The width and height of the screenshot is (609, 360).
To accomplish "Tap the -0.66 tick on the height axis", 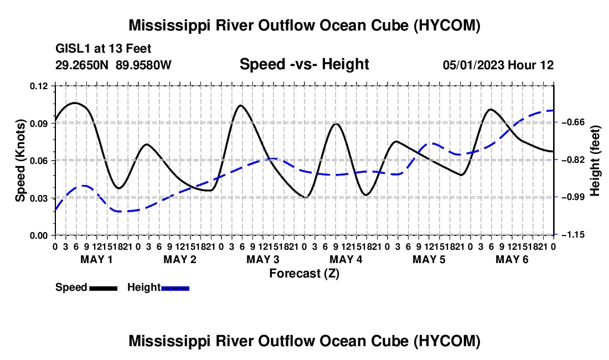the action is (x=572, y=122).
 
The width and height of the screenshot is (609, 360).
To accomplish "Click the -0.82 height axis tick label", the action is (x=572, y=160).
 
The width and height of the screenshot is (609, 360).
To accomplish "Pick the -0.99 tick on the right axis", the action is (x=572, y=197).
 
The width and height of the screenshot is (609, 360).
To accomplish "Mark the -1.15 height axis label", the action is (x=572, y=235).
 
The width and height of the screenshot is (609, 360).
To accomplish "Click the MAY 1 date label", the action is (x=96, y=259).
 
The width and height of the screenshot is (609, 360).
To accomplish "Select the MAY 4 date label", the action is (x=345, y=259).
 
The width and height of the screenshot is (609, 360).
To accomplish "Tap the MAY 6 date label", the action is (x=512, y=259).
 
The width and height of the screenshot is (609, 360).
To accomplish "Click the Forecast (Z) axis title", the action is (x=304, y=274).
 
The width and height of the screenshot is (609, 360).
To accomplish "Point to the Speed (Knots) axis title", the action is (x=20, y=161).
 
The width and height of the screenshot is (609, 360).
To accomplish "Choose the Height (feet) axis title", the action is (x=595, y=161).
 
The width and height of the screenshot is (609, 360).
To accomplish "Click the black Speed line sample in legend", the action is (x=104, y=289).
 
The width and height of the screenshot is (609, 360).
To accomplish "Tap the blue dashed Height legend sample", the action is (x=175, y=289).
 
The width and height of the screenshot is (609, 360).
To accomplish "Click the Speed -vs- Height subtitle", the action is (x=304, y=64).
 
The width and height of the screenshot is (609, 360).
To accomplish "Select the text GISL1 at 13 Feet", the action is (x=104, y=49).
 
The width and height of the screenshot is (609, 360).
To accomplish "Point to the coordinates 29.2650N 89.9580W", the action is (x=113, y=65).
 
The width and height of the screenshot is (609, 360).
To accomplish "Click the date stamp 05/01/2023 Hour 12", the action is (x=498, y=65).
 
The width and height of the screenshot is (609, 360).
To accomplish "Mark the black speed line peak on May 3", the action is (x=241, y=105).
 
